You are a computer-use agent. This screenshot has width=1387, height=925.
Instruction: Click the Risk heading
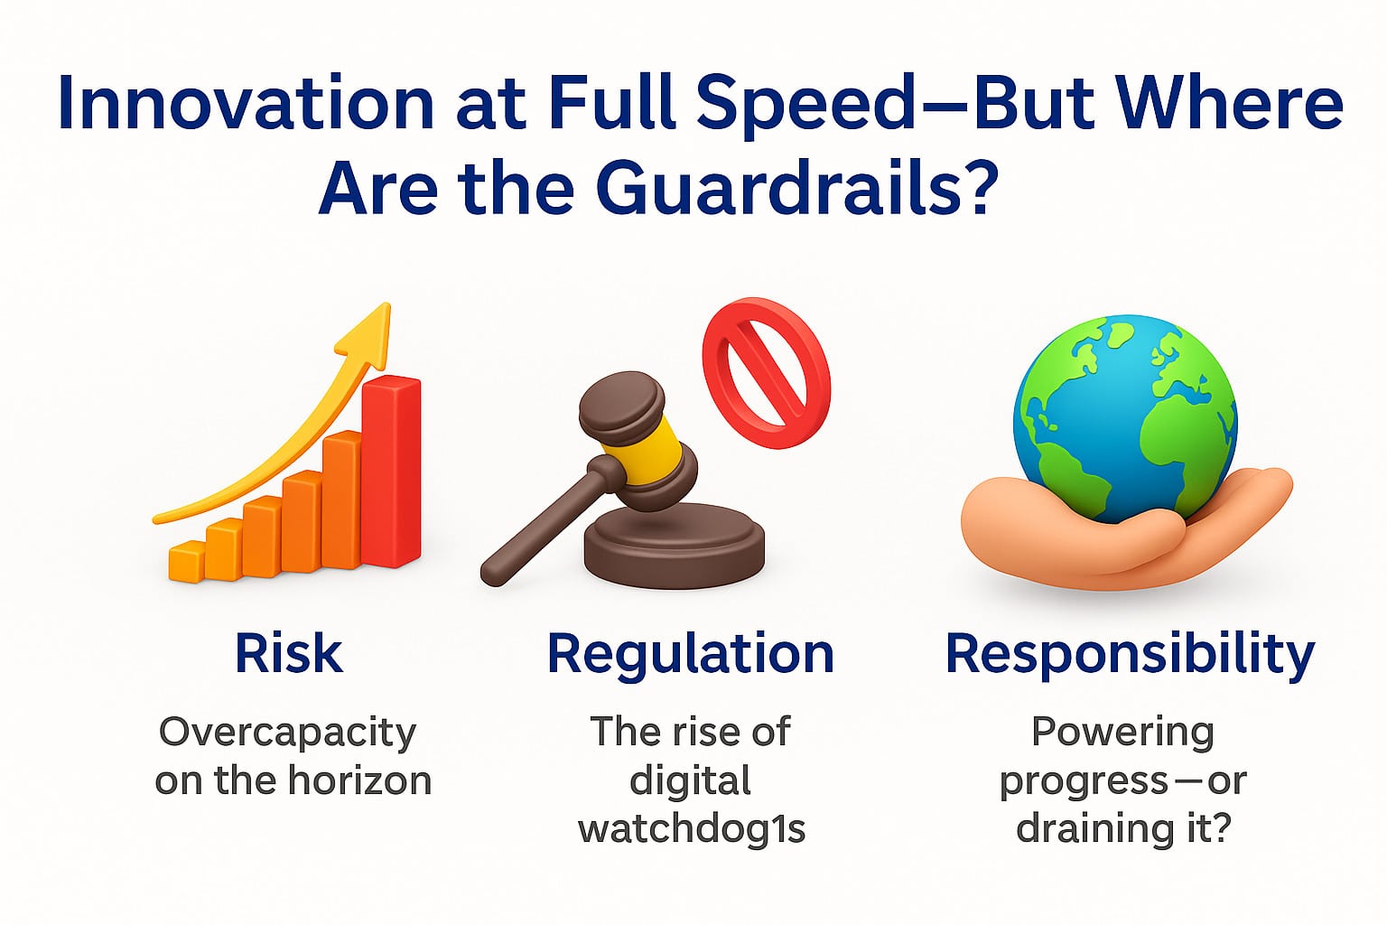(x=288, y=654)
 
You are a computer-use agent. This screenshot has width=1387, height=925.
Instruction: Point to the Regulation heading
(x=691, y=654)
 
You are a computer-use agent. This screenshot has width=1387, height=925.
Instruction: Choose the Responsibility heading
(x=1130, y=654)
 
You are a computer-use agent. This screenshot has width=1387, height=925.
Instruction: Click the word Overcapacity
(x=287, y=733)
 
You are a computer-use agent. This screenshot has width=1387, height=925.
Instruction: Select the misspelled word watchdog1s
(x=692, y=828)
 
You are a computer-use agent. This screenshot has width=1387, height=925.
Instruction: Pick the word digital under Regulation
(x=691, y=780)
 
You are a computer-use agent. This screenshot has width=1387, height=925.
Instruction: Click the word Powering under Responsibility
(x=1122, y=732)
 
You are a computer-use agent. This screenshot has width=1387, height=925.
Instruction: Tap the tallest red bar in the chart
(x=391, y=470)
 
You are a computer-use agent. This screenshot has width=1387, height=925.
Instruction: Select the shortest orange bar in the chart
(x=186, y=560)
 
